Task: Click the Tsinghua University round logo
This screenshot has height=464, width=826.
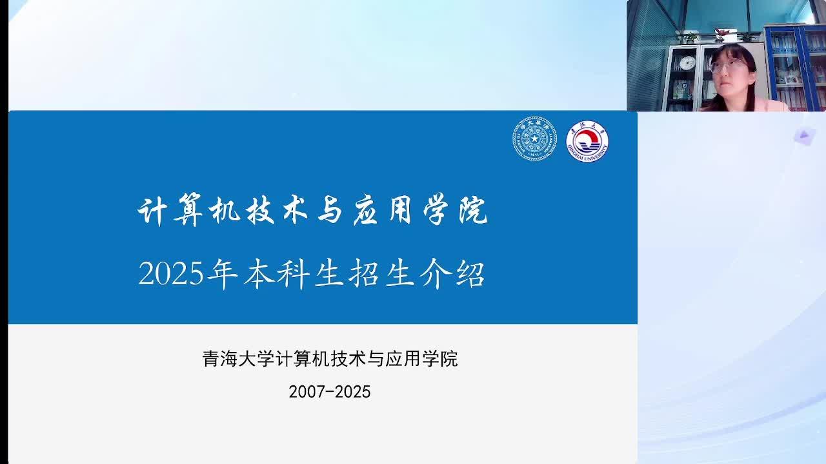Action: click(535, 139)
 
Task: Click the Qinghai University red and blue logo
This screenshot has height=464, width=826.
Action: click(587, 141)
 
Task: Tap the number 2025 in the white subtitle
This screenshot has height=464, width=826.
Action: click(171, 274)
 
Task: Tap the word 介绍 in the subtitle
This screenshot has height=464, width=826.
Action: click(452, 275)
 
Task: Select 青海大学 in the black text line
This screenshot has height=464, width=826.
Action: click(238, 359)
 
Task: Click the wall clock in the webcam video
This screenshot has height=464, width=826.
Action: click(687, 63)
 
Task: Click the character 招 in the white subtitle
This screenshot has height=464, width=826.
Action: click(363, 275)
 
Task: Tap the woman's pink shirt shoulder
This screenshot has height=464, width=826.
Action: click(771, 104)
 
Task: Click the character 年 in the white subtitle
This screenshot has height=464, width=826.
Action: click(223, 275)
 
